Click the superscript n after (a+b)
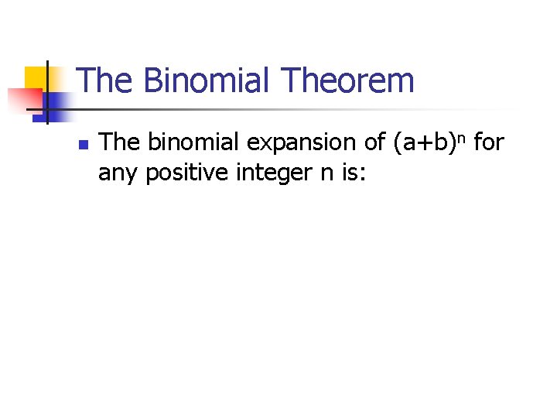tap(462, 139)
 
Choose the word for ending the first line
tap(488, 142)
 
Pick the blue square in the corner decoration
tap(59, 101)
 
